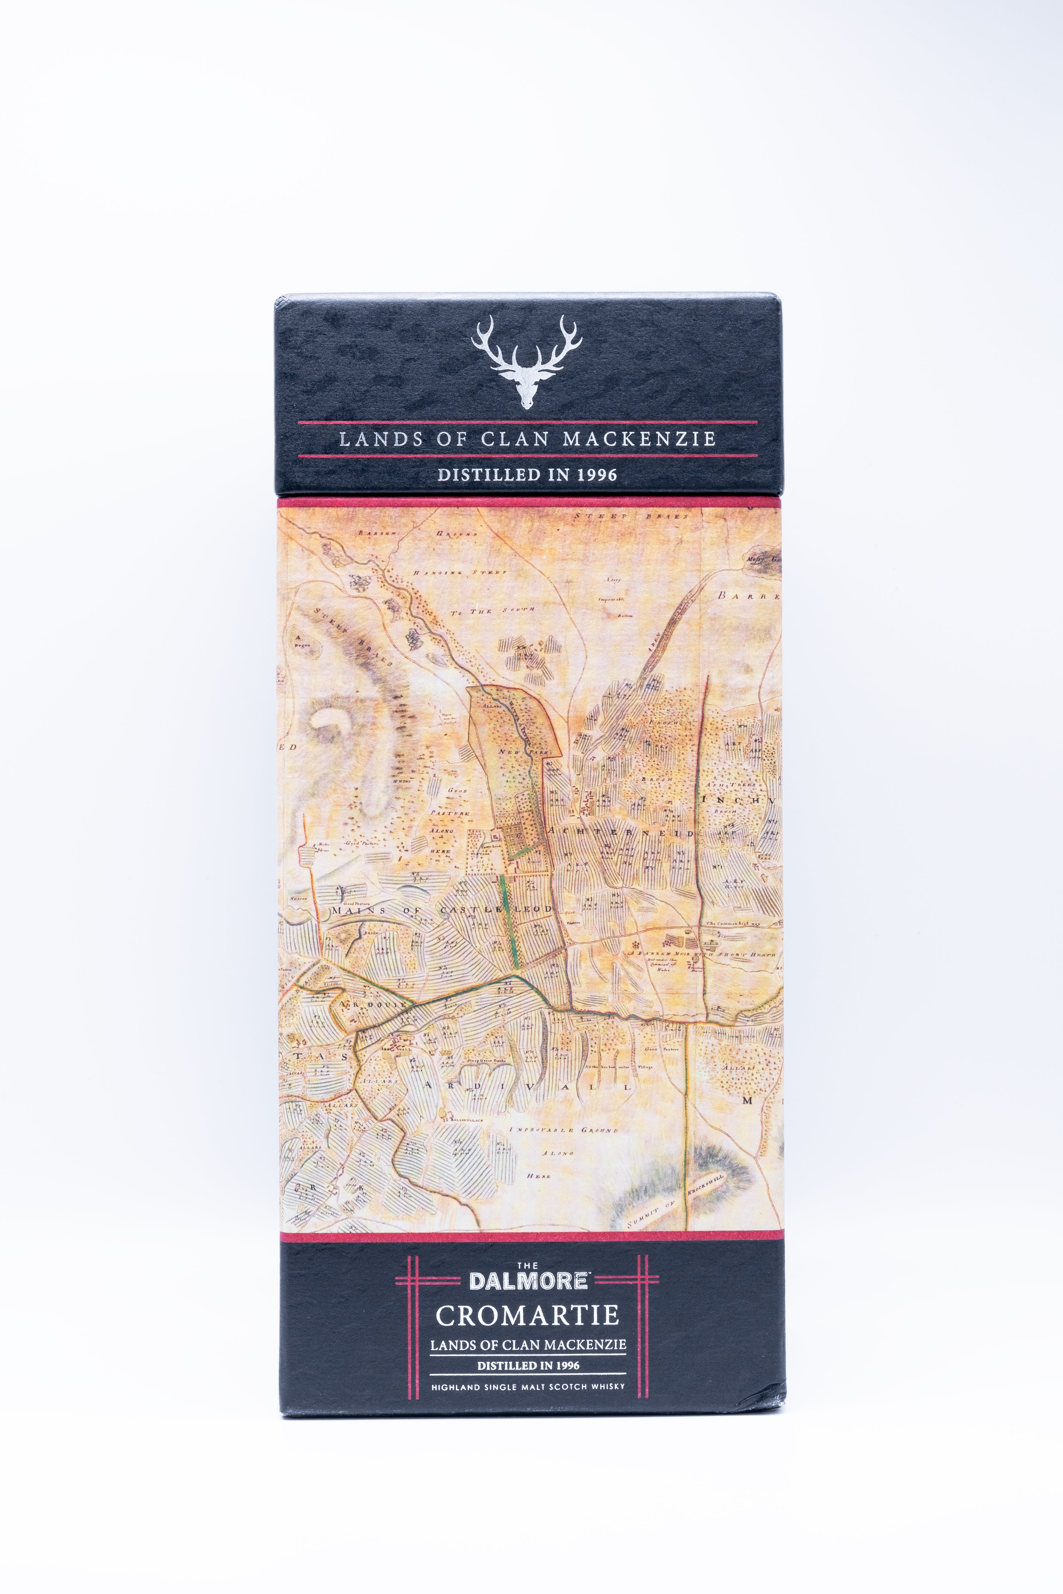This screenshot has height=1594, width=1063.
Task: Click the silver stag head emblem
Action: click(527, 363)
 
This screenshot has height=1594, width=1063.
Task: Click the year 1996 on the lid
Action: click(596, 475)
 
